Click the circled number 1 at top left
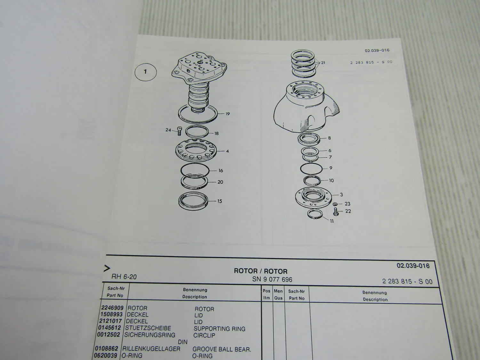(146, 72)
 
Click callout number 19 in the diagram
(228, 114)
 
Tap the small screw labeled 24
(179, 131)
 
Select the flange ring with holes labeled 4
(196, 151)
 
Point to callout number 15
(220, 201)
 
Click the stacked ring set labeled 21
(303, 64)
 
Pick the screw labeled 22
(336, 212)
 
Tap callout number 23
(347, 204)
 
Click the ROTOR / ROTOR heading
(260, 271)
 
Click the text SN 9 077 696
(272, 279)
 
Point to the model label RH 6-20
(124, 277)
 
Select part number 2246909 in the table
(112, 308)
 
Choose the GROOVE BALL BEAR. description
(222, 349)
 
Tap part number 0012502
(109, 335)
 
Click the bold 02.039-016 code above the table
(413, 266)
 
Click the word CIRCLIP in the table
(204, 336)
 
